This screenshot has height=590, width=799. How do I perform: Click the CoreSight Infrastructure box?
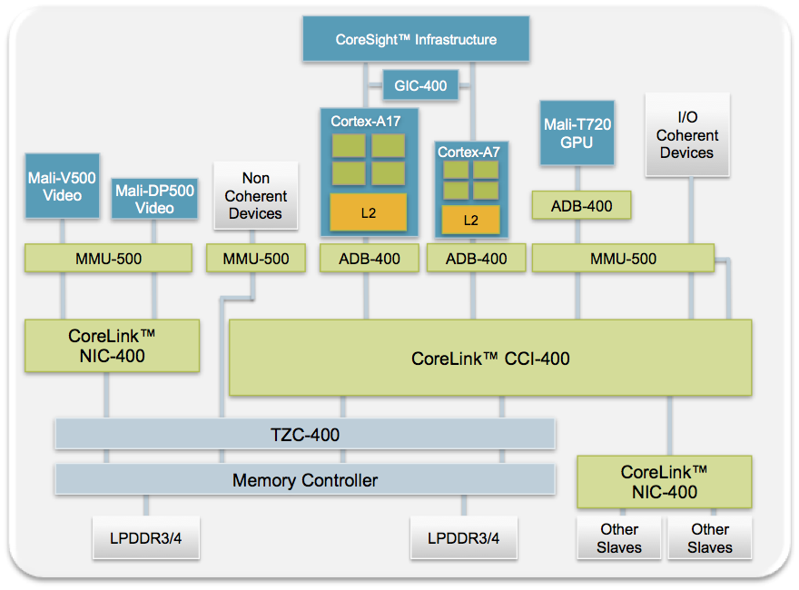pyautogui.click(x=416, y=39)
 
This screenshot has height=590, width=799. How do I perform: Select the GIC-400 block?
pyautogui.click(x=420, y=86)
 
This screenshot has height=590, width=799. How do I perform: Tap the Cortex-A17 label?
pyautogui.click(x=366, y=121)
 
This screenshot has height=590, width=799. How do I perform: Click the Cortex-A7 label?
pyautogui.click(x=469, y=152)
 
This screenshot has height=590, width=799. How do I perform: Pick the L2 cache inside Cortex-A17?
pyautogui.click(x=368, y=213)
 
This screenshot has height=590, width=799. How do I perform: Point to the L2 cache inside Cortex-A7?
pyautogui.click(x=470, y=220)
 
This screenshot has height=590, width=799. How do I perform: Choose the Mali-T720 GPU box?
pyautogui.click(x=577, y=133)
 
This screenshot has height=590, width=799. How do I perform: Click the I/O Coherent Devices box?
pyautogui.click(x=686, y=135)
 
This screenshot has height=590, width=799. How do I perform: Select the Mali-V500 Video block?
pyautogui.click(x=62, y=186)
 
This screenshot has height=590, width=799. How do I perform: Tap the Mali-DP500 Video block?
pyautogui.click(x=154, y=200)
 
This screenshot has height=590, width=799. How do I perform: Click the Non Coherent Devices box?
pyautogui.click(x=255, y=196)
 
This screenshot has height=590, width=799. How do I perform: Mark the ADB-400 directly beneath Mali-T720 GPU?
pyautogui.click(x=581, y=206)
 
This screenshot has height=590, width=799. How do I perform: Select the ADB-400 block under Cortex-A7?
pyautogui.click(x=476, y=259)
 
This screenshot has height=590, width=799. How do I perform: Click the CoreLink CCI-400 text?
pyautogui.click(x=490, y=358)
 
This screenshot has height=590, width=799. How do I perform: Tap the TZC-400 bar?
pyautogui.click(x=304, y=435)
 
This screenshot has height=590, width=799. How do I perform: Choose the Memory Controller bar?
pyautogui.click(x=304, y=480)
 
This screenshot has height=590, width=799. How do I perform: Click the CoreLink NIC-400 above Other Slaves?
pyautogui.click(x=665, y=482)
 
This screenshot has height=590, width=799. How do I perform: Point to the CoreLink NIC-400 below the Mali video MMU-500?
pyautogui.click(x=111, y=346)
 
